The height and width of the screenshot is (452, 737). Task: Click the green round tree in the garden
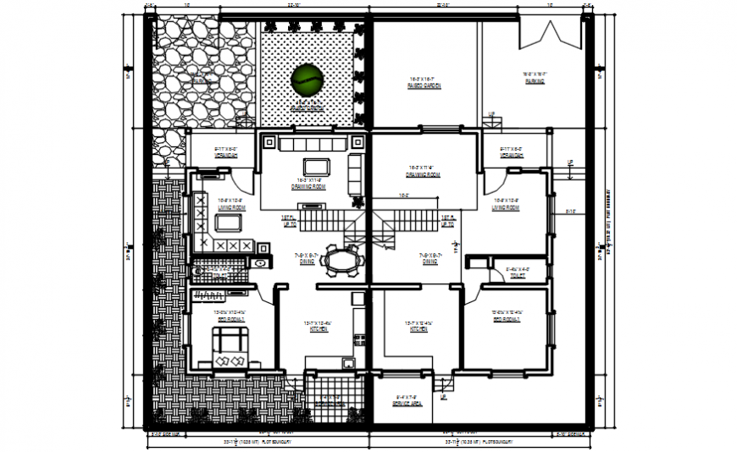(306, 80)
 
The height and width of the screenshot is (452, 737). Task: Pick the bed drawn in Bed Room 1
(230, 347)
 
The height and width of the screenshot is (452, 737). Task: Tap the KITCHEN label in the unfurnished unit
(418, 328)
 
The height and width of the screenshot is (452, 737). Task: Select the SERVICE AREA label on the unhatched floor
(407, 405)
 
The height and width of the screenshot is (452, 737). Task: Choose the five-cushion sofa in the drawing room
(311, 142)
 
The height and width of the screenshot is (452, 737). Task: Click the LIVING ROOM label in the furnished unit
(231, 207)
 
